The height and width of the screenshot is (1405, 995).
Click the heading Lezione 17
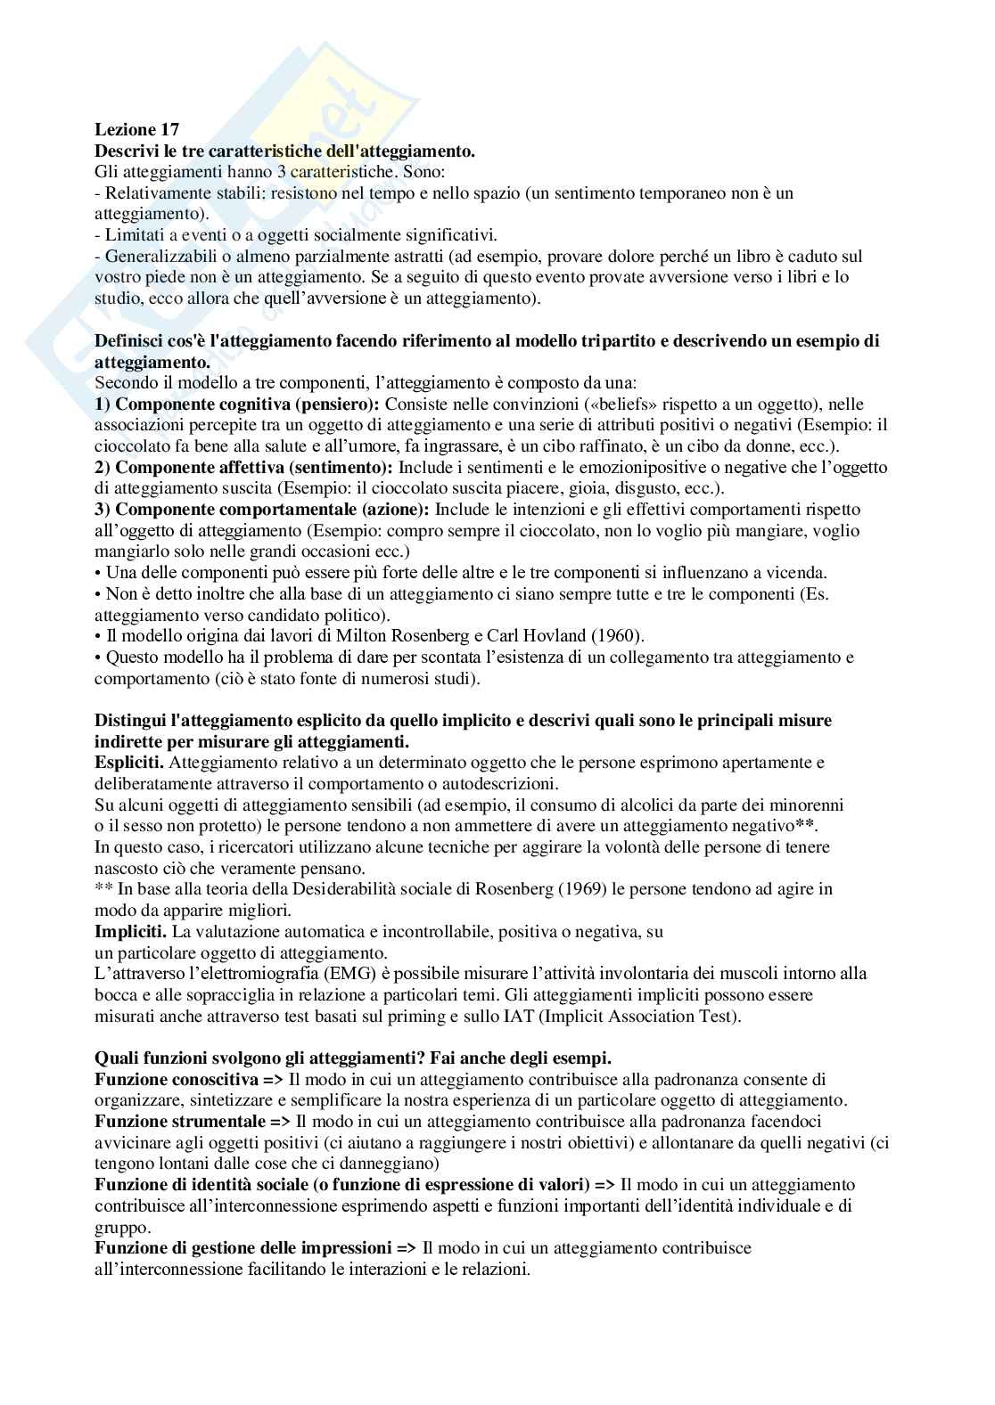coord(136,130)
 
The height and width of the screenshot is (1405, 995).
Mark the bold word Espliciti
coord(129,763)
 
